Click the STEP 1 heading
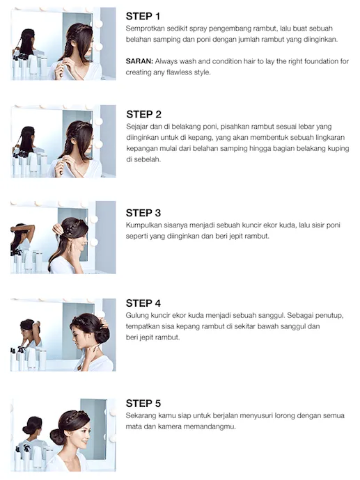143,16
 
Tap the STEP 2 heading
143,114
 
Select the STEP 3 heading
143,213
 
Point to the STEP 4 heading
143,303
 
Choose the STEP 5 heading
143,403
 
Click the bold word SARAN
139,61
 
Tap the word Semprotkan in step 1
143,29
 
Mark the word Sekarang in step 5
141,416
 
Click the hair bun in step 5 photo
56,437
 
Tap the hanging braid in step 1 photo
67,51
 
